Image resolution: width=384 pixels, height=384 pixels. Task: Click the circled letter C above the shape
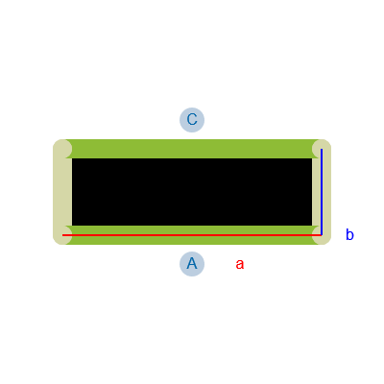pos(192,120)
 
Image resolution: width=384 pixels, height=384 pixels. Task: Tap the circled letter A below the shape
pos(192,264)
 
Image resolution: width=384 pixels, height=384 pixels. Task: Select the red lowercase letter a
pos(240,265)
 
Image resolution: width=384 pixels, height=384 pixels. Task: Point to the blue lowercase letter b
pos(349,234)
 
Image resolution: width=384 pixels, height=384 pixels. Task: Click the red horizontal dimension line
pos(192,235)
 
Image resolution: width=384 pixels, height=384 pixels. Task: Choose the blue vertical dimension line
pos(322,192)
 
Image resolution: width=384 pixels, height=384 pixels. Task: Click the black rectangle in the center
pos(192,192)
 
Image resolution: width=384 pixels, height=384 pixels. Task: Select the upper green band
pos(192,149)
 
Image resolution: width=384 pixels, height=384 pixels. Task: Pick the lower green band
pos(192,235)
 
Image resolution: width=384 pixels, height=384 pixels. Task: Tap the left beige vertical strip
pos(62,192)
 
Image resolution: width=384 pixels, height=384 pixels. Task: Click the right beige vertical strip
pos(322,192)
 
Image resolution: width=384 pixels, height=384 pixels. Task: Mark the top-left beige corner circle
pos(62,149)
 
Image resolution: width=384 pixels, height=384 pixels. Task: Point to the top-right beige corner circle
pos(322,149)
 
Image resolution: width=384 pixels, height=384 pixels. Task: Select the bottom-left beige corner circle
pos(62,235)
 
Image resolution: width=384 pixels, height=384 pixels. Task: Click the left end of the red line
pos(62,235)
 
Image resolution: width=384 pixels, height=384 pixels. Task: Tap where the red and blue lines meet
pos(322,235)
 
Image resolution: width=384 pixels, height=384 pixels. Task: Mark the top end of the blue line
pos(322,149)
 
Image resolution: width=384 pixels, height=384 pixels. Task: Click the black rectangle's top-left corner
pos(72,158)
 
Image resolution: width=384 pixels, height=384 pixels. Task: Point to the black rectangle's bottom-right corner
pos(312,226)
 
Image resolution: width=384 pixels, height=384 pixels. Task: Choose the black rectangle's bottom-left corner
pos(72,226)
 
